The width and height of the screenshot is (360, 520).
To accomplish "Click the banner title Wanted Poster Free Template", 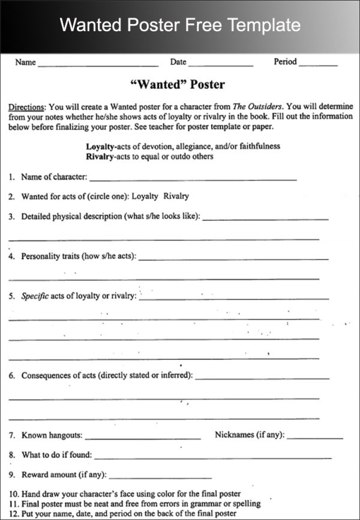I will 180,25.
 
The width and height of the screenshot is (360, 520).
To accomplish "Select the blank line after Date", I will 220,64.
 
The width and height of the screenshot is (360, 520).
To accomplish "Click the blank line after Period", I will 318,64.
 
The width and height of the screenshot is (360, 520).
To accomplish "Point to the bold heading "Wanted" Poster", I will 178,85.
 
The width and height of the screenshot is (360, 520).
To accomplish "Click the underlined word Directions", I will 26,107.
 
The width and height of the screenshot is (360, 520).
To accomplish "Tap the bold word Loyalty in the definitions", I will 100,146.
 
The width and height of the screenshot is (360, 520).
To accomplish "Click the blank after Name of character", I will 193,179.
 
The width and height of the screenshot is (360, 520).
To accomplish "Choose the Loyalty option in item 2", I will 145,196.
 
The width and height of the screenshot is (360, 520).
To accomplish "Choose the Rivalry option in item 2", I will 176,196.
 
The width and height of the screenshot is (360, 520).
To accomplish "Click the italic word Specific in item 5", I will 35,296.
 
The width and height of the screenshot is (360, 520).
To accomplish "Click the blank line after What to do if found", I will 213,458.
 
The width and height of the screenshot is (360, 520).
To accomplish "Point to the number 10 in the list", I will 14,494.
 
